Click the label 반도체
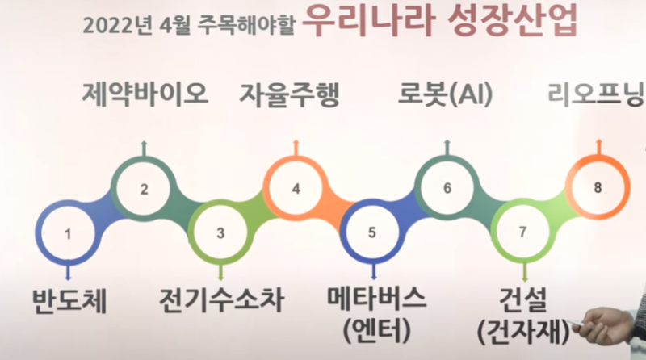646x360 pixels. click(x=69, y=300)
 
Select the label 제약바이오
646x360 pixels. click(x=145, y=94)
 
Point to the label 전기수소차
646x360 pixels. click(x=221, y=299)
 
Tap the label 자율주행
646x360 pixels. click(x=290, y=94)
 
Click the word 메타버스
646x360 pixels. click(x=376, y=298)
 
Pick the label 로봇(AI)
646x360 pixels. click(x=445, y=94)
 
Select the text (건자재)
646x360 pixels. click(x=523, y=331)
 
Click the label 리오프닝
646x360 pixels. click(x=596, y=94)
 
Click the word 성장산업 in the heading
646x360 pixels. click(x=512, y=21)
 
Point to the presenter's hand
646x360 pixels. click(x=606, y=325)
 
